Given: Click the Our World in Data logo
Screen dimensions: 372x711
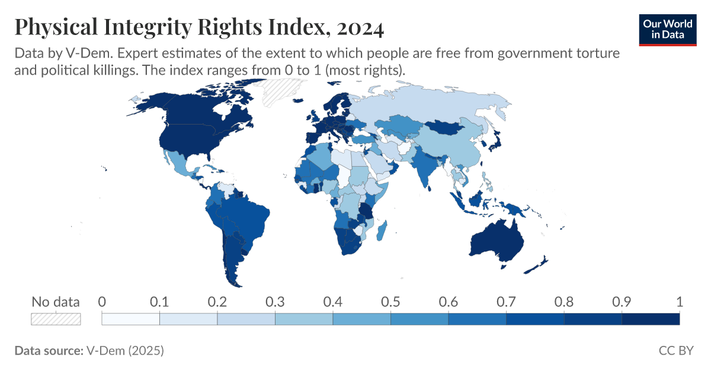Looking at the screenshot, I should [x=667, y=29].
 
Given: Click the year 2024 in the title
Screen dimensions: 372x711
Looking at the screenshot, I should [x=358, y=27].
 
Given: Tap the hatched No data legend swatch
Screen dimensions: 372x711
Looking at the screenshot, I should [x=56, y=319].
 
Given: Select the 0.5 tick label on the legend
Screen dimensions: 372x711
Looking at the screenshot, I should [x=390, y=301].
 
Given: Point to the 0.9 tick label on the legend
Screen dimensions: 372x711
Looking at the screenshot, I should [x=622, y=301].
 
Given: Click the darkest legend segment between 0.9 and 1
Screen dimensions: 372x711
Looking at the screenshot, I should [x=651, y=319].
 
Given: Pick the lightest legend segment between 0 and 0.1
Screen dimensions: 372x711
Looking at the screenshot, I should [x=131, y=319].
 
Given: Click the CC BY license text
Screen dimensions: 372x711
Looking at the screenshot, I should [x=675, y=351].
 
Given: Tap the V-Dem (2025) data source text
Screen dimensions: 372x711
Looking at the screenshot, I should [x=125, y=351].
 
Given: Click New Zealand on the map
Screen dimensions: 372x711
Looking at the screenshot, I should [x=539, y=264].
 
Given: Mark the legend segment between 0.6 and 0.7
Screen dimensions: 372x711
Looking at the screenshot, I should [x=477, y=319].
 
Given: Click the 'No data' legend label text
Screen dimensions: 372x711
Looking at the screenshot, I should [x=55, y=301].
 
